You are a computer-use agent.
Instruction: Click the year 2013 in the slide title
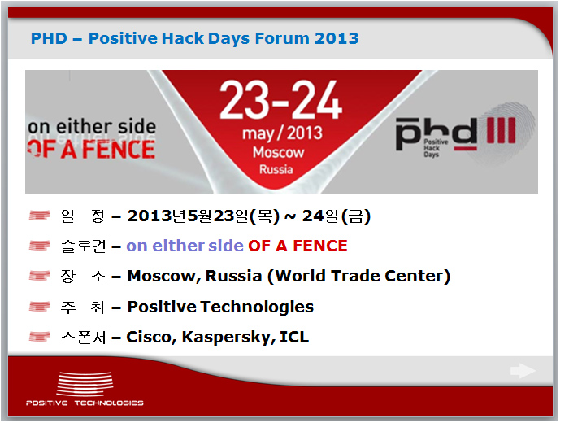coord(337,38)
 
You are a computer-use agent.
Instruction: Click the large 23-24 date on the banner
coord(280,100)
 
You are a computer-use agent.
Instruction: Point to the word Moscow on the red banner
coord(278,152)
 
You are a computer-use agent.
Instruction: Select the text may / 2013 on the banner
coord(282,133)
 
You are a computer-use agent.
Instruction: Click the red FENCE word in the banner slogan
coord(119,149)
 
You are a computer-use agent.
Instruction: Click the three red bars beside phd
coord(501,130)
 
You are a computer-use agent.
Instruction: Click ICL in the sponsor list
coord(294,337)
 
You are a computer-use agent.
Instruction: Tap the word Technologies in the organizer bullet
coord(257,307)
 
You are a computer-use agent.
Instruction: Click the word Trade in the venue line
coord(354,276)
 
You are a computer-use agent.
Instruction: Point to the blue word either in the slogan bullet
coord(179,246)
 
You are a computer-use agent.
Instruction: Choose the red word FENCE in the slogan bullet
coord(320,246)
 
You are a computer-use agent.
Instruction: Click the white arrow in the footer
coord(523,371)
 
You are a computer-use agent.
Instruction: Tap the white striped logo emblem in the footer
coord(85,384)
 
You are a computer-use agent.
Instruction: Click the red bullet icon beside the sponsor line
coord(40,337)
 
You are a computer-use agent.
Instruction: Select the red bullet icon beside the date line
coord(40,216)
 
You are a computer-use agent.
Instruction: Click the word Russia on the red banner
coord(276,169)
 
